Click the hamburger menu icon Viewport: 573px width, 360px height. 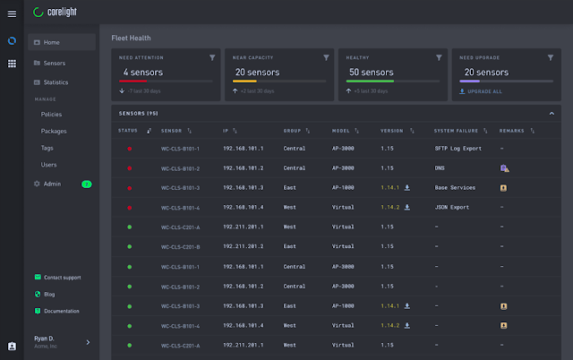coord(12,13)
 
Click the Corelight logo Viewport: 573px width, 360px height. coord(64,13)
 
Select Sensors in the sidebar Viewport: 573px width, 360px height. coord(55,64)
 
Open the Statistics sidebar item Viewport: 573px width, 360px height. coord(56,82)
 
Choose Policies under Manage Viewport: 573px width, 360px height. coord(53,115)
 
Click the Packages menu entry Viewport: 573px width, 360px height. coord(54,131)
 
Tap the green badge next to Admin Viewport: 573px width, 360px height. coord(87,184)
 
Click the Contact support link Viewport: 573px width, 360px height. coord(62,278)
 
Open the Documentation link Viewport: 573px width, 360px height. coord(62,311)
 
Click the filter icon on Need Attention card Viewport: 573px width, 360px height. coord(212,57)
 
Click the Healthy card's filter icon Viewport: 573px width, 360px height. coord(439,57)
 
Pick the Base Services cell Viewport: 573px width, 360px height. coord(455,187)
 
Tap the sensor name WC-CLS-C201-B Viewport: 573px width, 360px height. coord(180,246)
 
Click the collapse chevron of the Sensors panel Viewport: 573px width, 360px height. coord(552,113)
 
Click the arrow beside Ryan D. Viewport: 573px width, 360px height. coord(88,342)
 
